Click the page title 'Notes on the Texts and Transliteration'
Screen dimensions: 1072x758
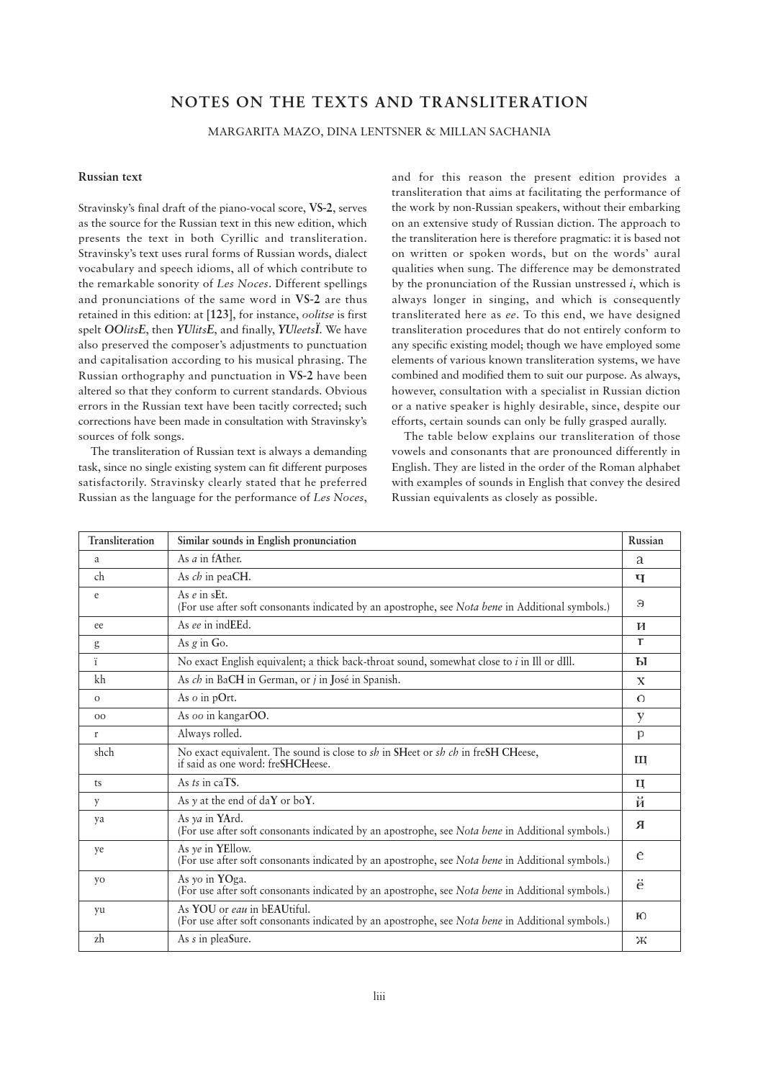(379, 102)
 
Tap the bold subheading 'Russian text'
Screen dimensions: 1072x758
(110, 177)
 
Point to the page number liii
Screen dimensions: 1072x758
(379, 996)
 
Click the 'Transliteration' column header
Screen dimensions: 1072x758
(121, 541)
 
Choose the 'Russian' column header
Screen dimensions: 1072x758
(646, 541)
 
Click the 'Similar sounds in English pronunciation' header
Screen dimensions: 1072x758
(266, 541)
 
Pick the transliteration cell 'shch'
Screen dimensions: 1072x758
(104, 752)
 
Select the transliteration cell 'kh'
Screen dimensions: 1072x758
(99, 680)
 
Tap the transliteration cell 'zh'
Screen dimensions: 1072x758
(99, 939)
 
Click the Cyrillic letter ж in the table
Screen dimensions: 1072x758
(641, 940)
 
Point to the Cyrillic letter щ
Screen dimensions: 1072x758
(641, 760)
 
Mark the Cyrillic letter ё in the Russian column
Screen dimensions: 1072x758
(641, 885)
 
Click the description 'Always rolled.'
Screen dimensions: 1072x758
(209, 734)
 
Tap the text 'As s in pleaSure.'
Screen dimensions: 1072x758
(214, 939)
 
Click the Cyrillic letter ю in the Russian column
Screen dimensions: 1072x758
(641, 916)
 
